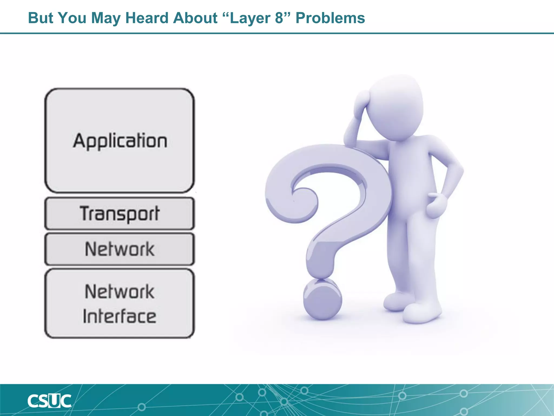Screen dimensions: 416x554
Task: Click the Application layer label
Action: pos(120,141)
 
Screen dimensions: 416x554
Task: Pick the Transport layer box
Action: pos(119,214)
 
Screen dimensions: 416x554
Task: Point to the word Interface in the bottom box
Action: pos(119,316)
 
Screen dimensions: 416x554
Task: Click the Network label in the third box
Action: pos(119,249)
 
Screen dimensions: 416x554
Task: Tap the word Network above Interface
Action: pos(119,292)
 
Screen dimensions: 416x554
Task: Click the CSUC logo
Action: pos(49,401)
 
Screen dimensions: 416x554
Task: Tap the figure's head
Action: pos(396,106)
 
